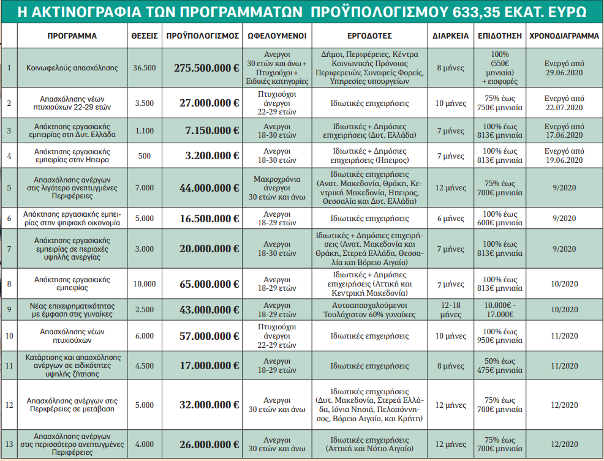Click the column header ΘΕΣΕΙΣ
tap(145, 36)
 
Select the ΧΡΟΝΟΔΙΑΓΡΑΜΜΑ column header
tap(564, 36)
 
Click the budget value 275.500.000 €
tap(206, 68)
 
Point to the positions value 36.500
tap(145, 68)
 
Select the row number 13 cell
tap(9, 444)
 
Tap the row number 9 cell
tap(9, 310)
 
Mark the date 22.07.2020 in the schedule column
tap(564, 108)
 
